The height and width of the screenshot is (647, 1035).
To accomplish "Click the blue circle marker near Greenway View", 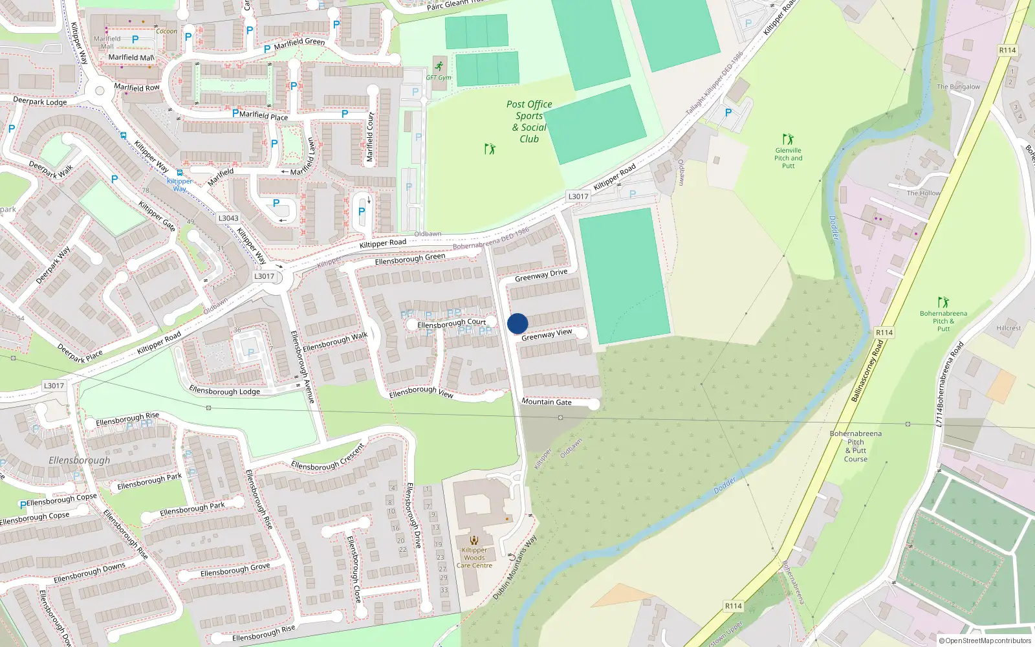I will pyautogui.click(x=517, y=323).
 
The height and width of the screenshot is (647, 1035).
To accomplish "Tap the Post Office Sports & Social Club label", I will pyautogui.click(x=529, y=122).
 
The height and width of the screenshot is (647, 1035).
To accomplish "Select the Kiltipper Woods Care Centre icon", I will pyautogui.click(x=474, y=540).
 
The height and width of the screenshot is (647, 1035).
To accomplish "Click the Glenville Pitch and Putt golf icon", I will pyautogui.click(x=788, y=139).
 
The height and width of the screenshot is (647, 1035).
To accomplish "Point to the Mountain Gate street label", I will pyautogui.click(x=547, y=402).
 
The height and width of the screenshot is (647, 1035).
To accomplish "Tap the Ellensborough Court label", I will pyautogui.click(x=452, y=323).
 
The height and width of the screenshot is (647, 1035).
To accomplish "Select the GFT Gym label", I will pyautogui.click(x=439, y=78).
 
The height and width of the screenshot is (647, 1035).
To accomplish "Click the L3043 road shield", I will pyautogui.click(x=228, y=219).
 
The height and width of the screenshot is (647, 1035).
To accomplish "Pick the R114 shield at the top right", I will pyautogui.click(x=1007, y=50).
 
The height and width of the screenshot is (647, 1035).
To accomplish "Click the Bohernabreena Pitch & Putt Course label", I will pyautogui.click(x=855, y=446).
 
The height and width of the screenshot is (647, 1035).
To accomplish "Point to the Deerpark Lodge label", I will pyautogui.click(x=40, y=102).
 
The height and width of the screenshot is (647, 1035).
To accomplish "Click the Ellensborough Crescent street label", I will pyautogui.click(x=327, y=458).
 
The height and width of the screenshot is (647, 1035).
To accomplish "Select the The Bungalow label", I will pyautogui.click(x=958, y=87).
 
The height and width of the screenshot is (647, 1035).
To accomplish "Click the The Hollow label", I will pyautogui.click(x=923, y=193).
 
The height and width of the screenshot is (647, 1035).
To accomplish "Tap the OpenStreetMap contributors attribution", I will pyautogui.click(x=985, y=641).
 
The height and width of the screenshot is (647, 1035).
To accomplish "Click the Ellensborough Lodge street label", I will pyautogui.click(x=224, y=391).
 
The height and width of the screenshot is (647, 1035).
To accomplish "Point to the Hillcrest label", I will pyautogui.click(x=1008, y=328).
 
